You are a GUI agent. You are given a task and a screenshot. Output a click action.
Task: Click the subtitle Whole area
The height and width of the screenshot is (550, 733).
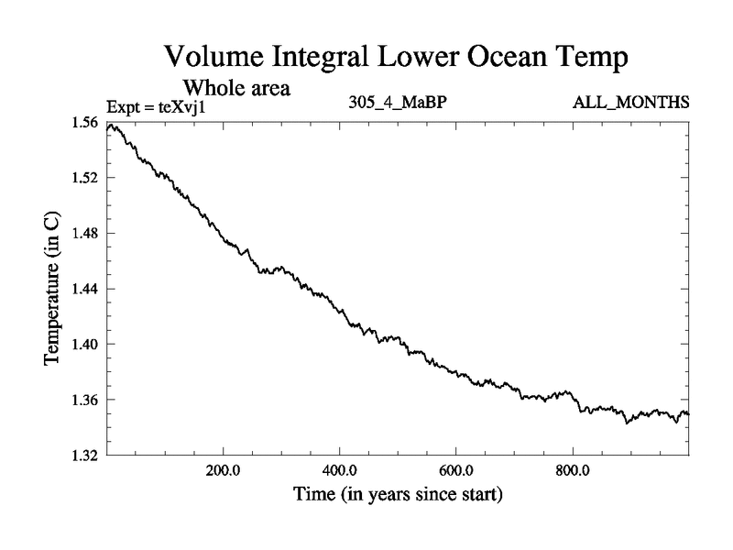pyautogui.click(x=237, y=89)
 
